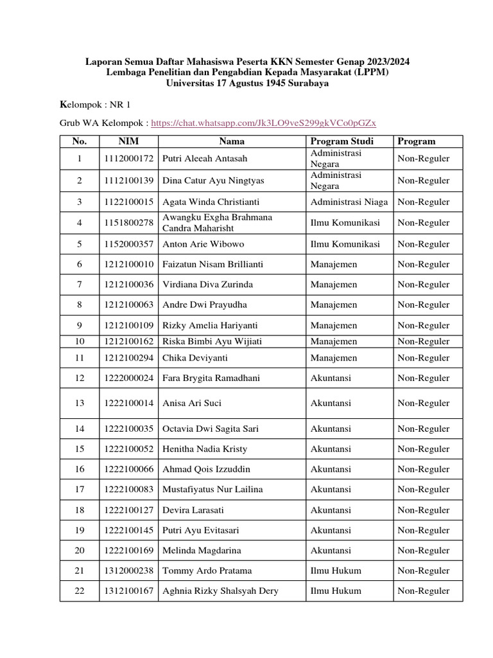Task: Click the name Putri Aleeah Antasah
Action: (x=205, y=159)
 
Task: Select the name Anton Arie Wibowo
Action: (x=203, y=244)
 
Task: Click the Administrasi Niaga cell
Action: (x=349, y=202)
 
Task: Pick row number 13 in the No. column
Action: (x=79, y=403)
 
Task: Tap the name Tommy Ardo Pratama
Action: (x=207, y=571)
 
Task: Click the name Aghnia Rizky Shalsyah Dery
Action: (x=220, y=591)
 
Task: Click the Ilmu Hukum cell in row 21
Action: (x=336, y=571)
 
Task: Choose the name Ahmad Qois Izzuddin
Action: (x=206, y=470)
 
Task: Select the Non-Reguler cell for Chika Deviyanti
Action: (x=424, y=358)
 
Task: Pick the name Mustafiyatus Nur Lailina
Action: (x=212, y=490)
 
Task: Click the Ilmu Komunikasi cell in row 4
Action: (x=345, y=223)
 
